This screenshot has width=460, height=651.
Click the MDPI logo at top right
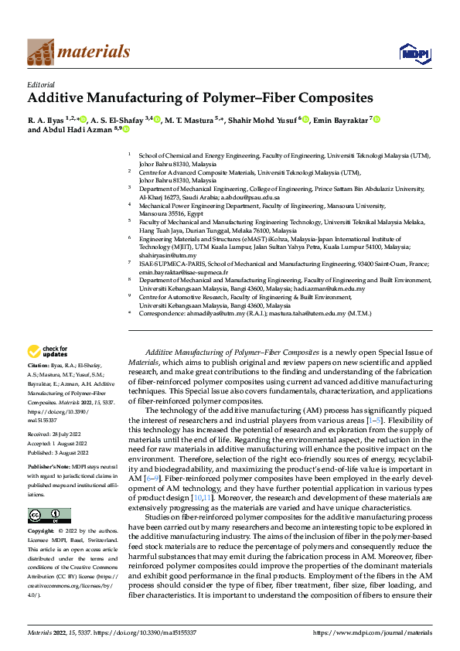410,52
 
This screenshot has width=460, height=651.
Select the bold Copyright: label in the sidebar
41,532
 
